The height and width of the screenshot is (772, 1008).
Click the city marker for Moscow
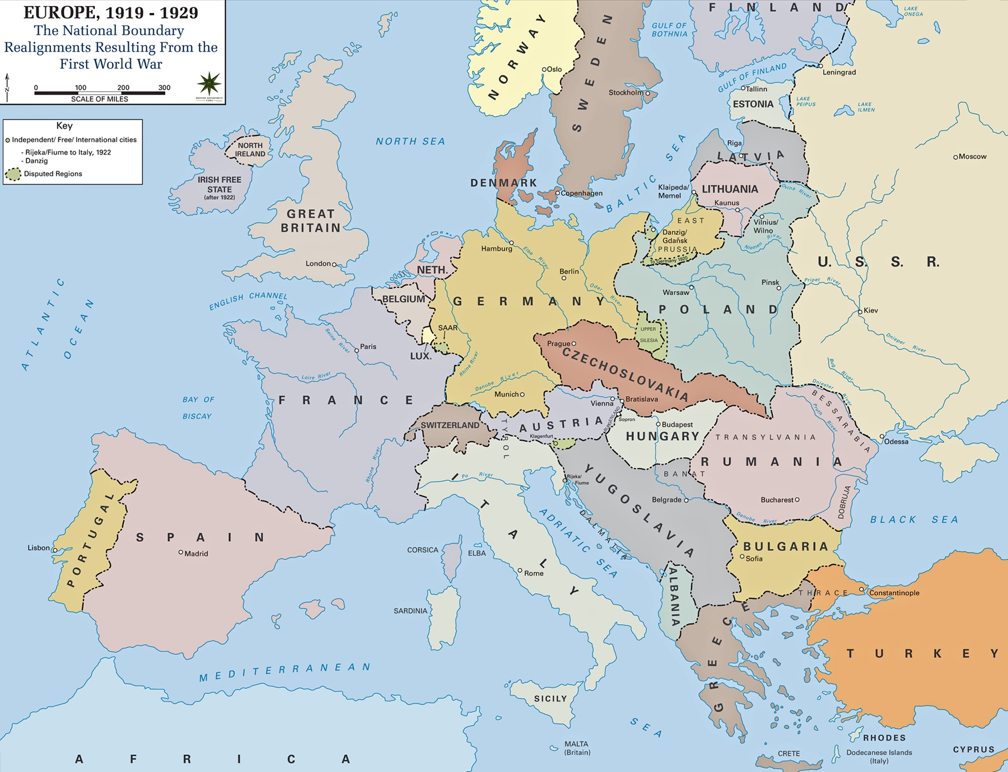point(955,157)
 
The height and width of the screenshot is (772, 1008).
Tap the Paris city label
point(368,347)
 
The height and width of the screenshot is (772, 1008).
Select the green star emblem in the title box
point(209,84)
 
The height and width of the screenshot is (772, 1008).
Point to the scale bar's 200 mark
point(123,88)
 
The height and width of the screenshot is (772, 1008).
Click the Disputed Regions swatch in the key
point(13,174)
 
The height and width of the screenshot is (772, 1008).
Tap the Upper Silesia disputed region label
point(648,335)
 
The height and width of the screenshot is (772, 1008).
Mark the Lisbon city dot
point(55,550)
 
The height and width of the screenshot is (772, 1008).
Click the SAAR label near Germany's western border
point(447,328)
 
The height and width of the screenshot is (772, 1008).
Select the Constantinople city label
point(894,593)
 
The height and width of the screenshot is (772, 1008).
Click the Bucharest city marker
point(797,500)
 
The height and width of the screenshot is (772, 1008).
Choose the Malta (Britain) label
point(577,748)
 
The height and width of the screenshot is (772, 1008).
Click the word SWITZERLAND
point(450,425)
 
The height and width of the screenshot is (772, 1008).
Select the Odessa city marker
point(882,436)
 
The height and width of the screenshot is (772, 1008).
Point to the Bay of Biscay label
point(198,408)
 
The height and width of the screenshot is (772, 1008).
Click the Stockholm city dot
point(647,93)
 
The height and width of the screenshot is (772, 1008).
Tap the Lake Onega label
point(913,11)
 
